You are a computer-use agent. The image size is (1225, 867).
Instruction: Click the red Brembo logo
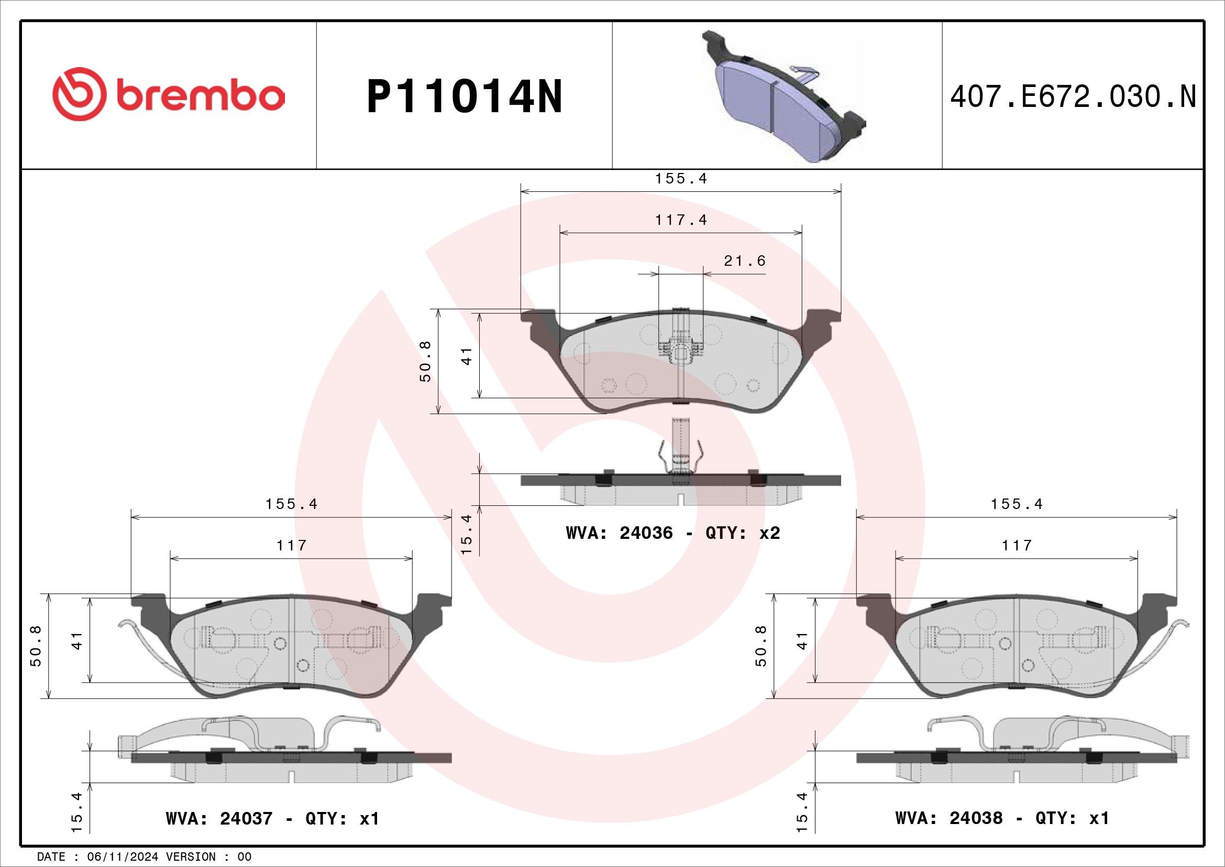click(169, 94)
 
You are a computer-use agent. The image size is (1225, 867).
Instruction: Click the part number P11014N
click(464, 96)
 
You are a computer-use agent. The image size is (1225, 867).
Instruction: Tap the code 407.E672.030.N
click(1073, 96)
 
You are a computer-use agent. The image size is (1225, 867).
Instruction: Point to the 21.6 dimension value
click(745, 261)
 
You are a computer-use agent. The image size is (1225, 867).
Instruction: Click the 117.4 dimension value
click(681, 220)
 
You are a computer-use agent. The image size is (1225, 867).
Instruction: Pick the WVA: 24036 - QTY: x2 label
click(673, 533)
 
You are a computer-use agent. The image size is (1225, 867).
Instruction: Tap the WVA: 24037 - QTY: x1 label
click(273, 818)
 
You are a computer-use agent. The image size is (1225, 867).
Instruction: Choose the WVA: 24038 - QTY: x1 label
click(1002, 818)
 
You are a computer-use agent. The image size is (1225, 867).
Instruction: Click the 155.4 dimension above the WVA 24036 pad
click(681, 178)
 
